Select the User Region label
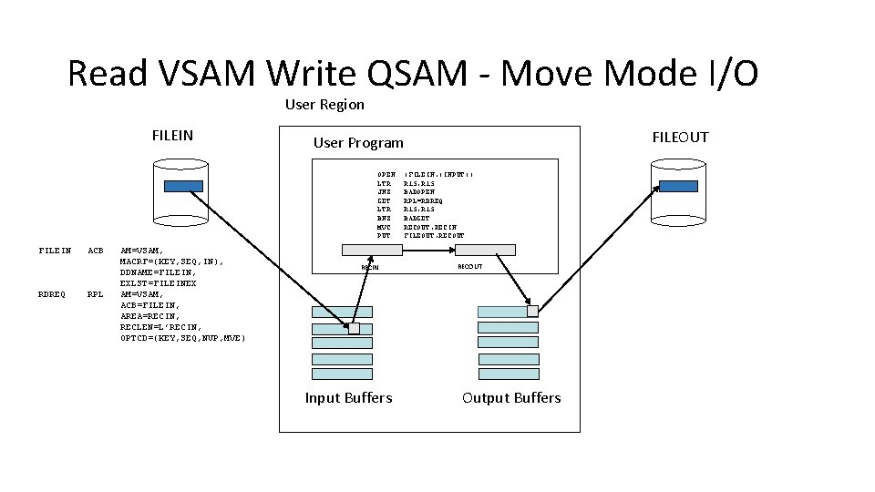tap(324, 105)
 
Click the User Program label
tap(358, 142)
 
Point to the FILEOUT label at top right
tap(680, 137)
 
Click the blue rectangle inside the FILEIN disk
tap(184, 186)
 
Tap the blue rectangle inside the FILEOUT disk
tap(680, 186)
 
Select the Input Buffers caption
tap(348, 398)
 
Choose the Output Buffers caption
tap(511, 398)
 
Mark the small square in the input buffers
tap(355, 328)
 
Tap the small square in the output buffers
tap(532, 312)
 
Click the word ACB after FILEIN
tap(95, 251)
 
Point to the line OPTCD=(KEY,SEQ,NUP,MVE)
tap(182, 338)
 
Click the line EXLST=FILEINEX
tap(158, 283)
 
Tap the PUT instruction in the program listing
tap(384, 236)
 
